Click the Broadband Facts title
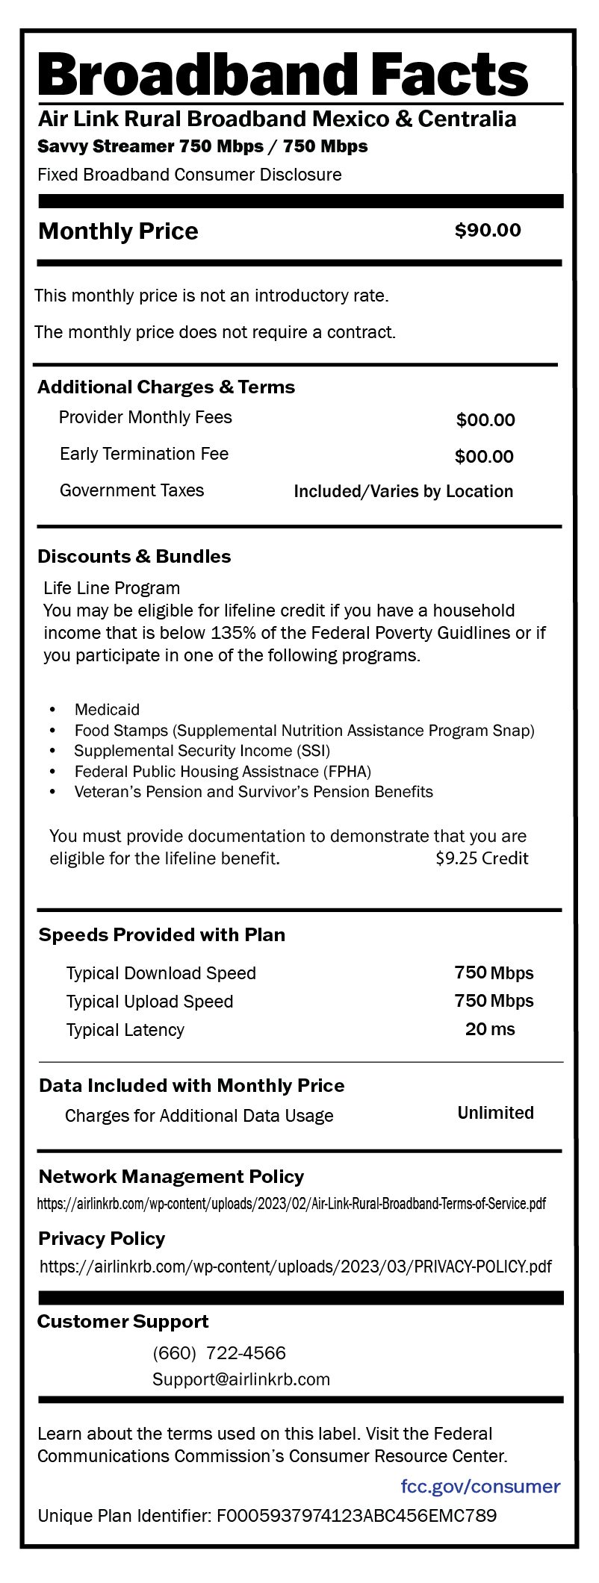tap(283, 75)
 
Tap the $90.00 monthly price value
tap(488, 231)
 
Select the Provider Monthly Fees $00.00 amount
tap(485, 420)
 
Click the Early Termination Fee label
tap(144, 454)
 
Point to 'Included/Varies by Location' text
tap(403, 491)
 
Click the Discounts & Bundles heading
tap(134, 556)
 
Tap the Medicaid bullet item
tap(107, 709)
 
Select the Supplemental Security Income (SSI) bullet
tap(202, 751)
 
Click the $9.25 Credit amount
tap(482, 858)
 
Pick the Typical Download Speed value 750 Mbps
tap(494, 973)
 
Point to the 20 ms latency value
tap(490, 1029)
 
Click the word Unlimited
tap(495, 1113)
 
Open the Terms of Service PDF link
tap(291, 1204)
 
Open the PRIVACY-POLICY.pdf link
tap(296, 1267)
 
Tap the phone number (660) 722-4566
tap(219, 1353)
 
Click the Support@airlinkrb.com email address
tap(241, 1379)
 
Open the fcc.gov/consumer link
tap(480, 1486)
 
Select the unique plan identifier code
tap(356, 1516)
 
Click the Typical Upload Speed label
tap(149, 1002)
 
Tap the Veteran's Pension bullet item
tap(253, 792)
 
